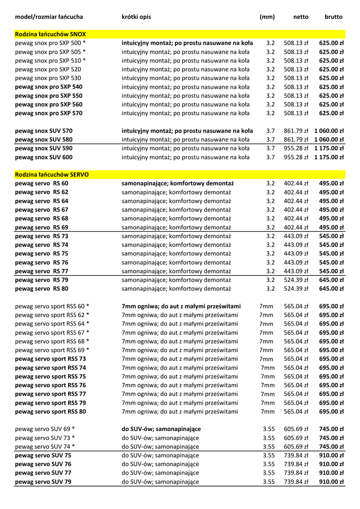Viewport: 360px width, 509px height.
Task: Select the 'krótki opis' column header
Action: [136, 17]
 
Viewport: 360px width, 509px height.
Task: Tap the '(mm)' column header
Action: [267, 17]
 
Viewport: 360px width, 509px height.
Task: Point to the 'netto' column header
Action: [301, 17]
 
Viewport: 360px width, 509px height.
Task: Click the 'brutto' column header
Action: [334, 17]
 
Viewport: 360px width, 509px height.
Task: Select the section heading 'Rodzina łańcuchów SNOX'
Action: [50, 34]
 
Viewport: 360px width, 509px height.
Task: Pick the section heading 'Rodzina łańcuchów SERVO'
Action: [52, 175]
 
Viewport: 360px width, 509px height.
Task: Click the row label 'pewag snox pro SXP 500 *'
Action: [50, 43]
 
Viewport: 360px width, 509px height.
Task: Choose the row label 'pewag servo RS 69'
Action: [42, 227]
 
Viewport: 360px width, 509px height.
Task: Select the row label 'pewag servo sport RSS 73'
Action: [50, 359]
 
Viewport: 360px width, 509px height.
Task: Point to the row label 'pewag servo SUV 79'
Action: [43, 482]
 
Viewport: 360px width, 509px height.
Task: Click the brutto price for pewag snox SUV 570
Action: [329, 131]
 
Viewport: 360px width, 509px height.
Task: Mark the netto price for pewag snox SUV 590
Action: [296, 148]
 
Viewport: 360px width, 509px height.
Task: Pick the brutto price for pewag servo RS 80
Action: [331, 288]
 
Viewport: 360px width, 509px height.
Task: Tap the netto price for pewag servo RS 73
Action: [296, 236]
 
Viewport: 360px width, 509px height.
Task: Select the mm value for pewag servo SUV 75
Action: [269, 455]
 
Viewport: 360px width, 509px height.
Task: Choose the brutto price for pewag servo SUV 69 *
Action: [331, 429]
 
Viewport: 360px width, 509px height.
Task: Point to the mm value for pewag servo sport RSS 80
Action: [268, 412]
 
